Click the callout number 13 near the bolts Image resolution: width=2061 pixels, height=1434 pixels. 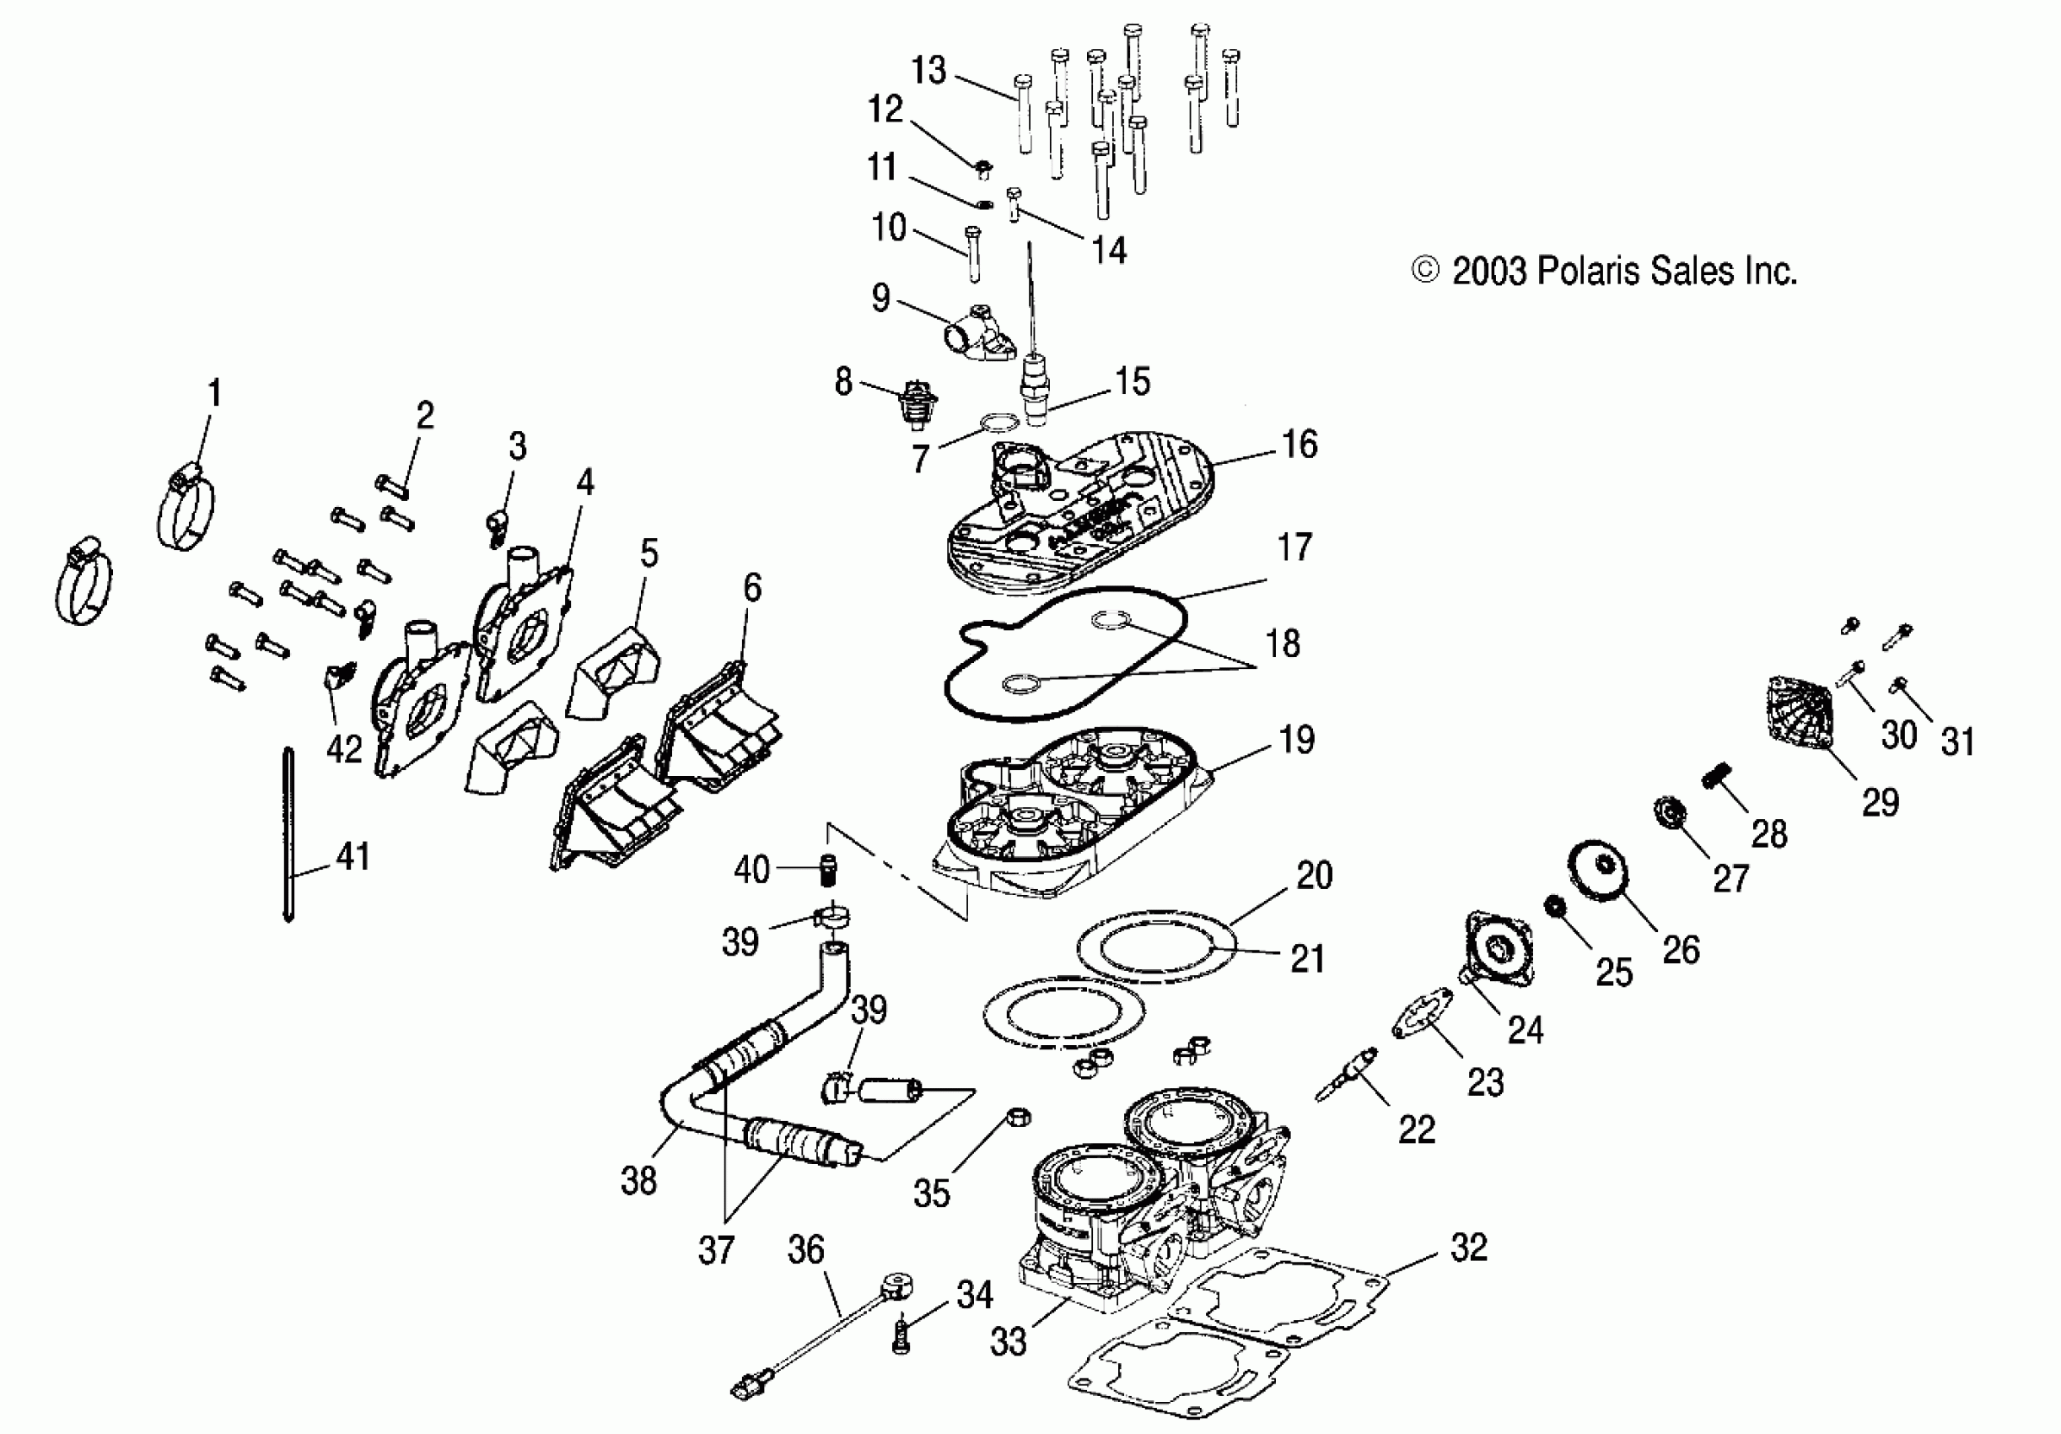point(929,70)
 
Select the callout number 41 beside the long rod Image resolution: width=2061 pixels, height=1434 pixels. point(352,857)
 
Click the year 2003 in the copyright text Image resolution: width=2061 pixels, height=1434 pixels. point(1489,270)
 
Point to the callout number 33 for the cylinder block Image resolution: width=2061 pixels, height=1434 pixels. point(1008,1341)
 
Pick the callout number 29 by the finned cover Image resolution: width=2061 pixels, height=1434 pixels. point(1881,802)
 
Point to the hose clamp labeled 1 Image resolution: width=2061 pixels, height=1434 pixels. point(186,510)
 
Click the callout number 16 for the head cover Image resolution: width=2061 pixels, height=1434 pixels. point(1300,444)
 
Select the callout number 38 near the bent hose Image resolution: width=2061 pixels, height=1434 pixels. point(638,1181)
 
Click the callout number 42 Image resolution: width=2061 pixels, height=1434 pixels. point(344,748)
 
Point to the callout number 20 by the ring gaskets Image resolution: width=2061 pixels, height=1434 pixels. point(1315,875)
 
